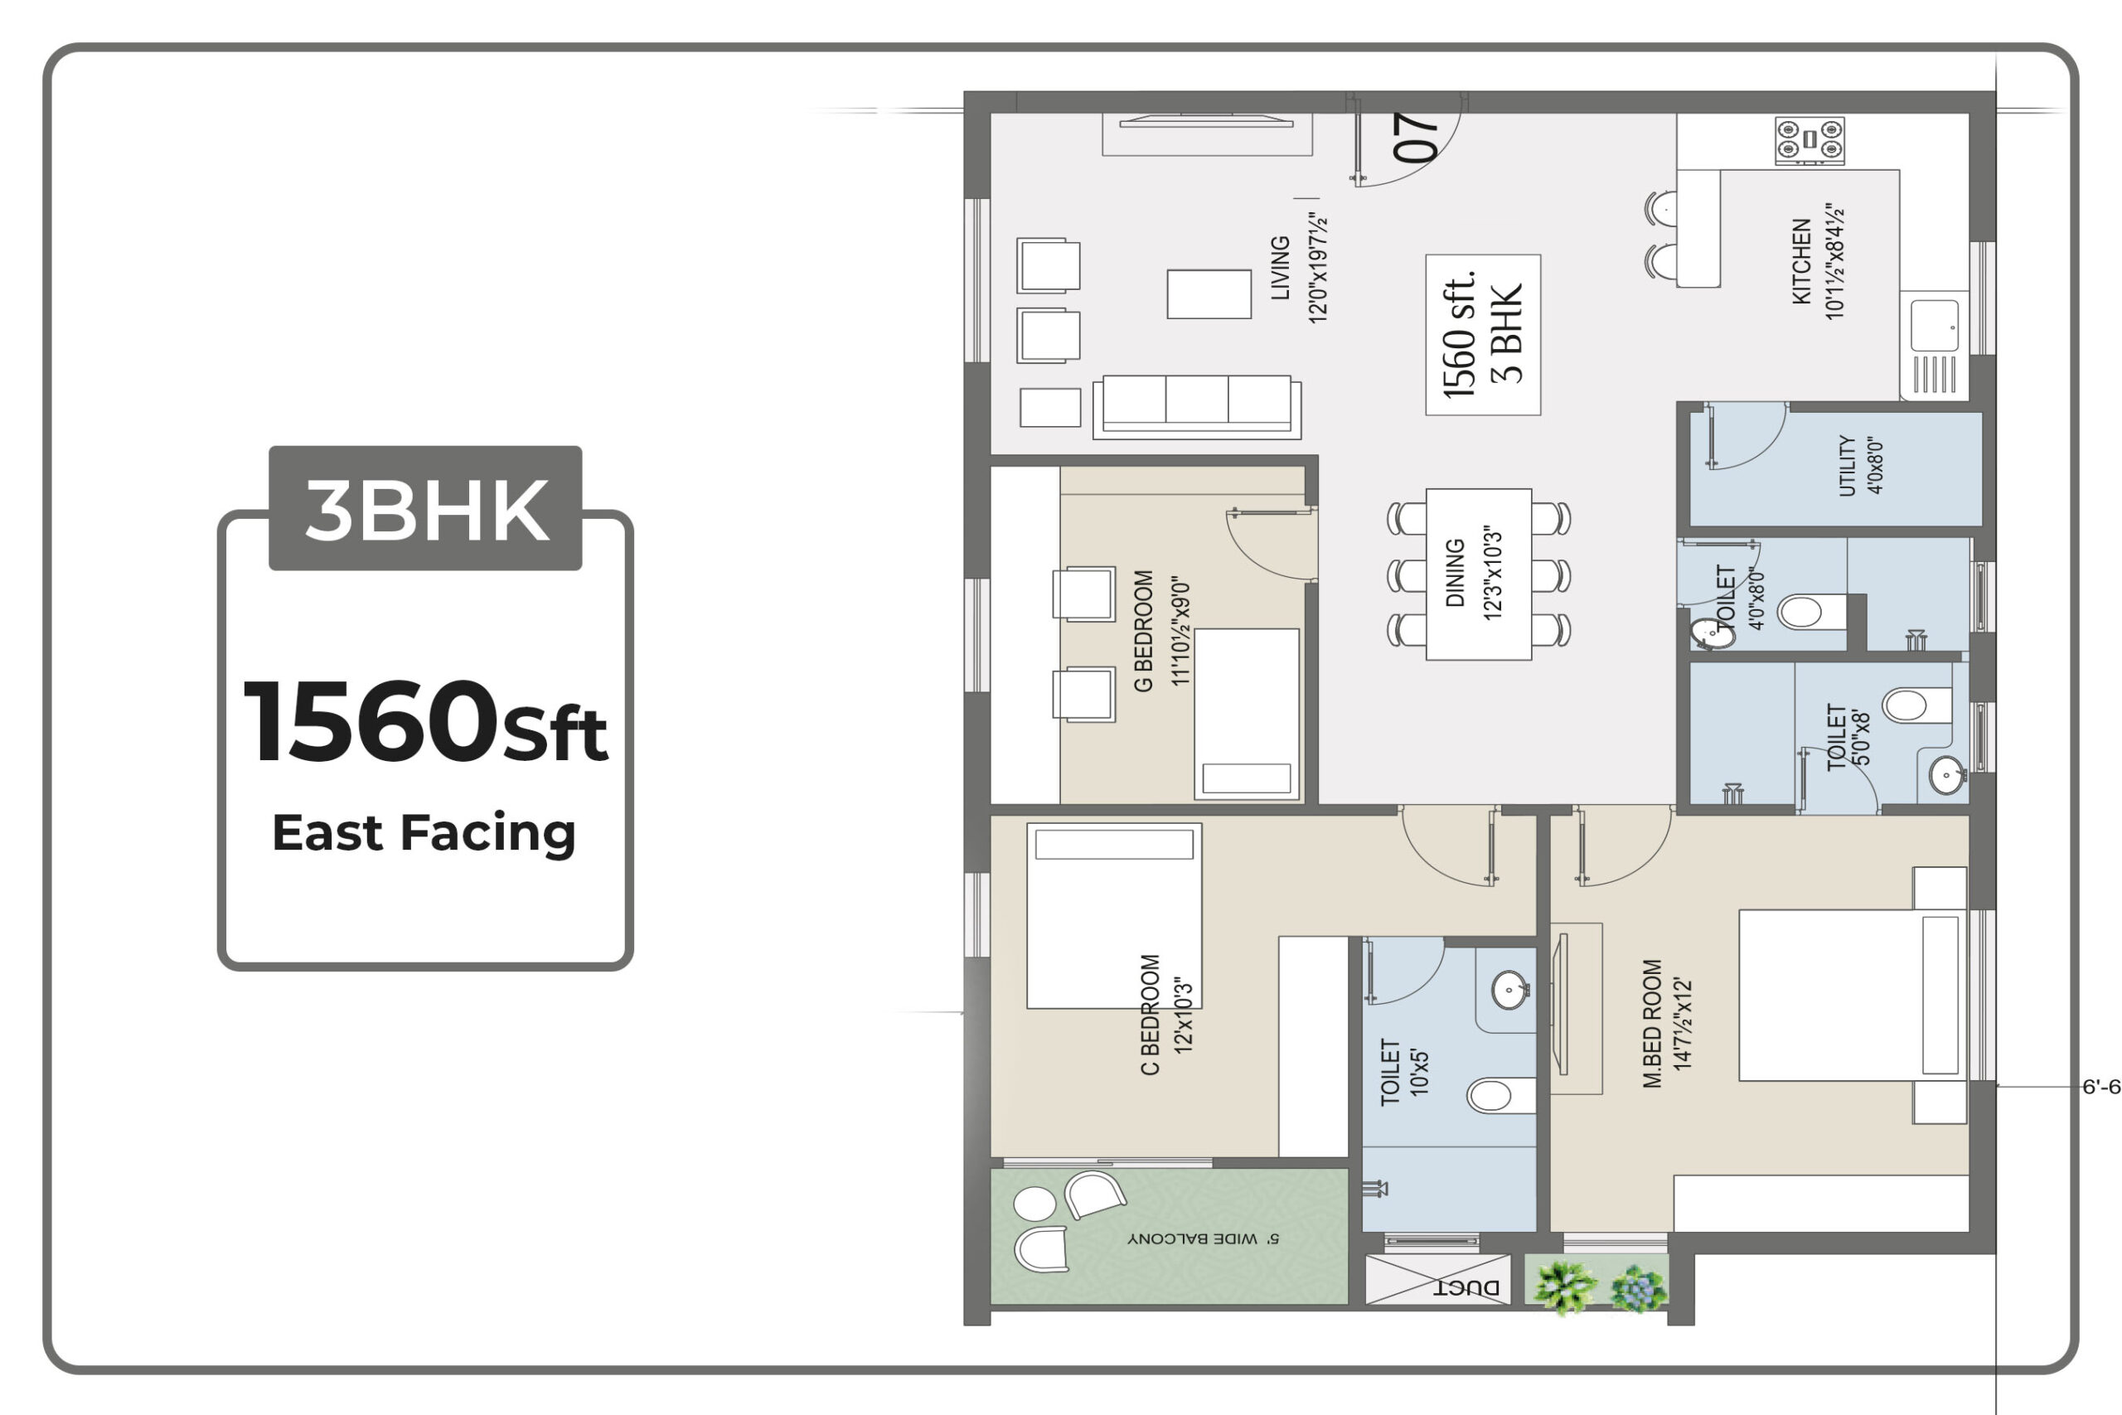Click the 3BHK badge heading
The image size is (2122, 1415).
[x=427, y=510]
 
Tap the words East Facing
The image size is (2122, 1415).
[x=424, y=832]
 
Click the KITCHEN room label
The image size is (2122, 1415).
[x=1802, y=261]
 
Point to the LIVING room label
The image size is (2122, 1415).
[x=1280, y=267]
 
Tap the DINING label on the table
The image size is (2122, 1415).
[x=1456, y=573]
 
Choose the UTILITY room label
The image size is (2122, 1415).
[x=1847, y=466]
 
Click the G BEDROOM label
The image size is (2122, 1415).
[x=1143, y=631]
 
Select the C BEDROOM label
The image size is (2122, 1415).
[x=1150, y=1015]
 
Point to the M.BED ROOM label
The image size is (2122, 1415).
[x=1652, y=1024]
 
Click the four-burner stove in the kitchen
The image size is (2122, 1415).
[x=1810, y=141]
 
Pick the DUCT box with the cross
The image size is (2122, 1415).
[x=1438, y=1280]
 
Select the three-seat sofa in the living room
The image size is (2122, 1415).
[x=1197, y=407]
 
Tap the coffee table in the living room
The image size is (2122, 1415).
[x=1209, y=294]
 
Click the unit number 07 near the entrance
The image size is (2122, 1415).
[x=1415, y=137]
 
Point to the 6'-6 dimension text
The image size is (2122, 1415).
[x=2100, y=1088]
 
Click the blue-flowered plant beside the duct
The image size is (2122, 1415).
[x=1639, y=1289]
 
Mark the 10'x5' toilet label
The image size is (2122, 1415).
[x=1404, y=1072]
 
